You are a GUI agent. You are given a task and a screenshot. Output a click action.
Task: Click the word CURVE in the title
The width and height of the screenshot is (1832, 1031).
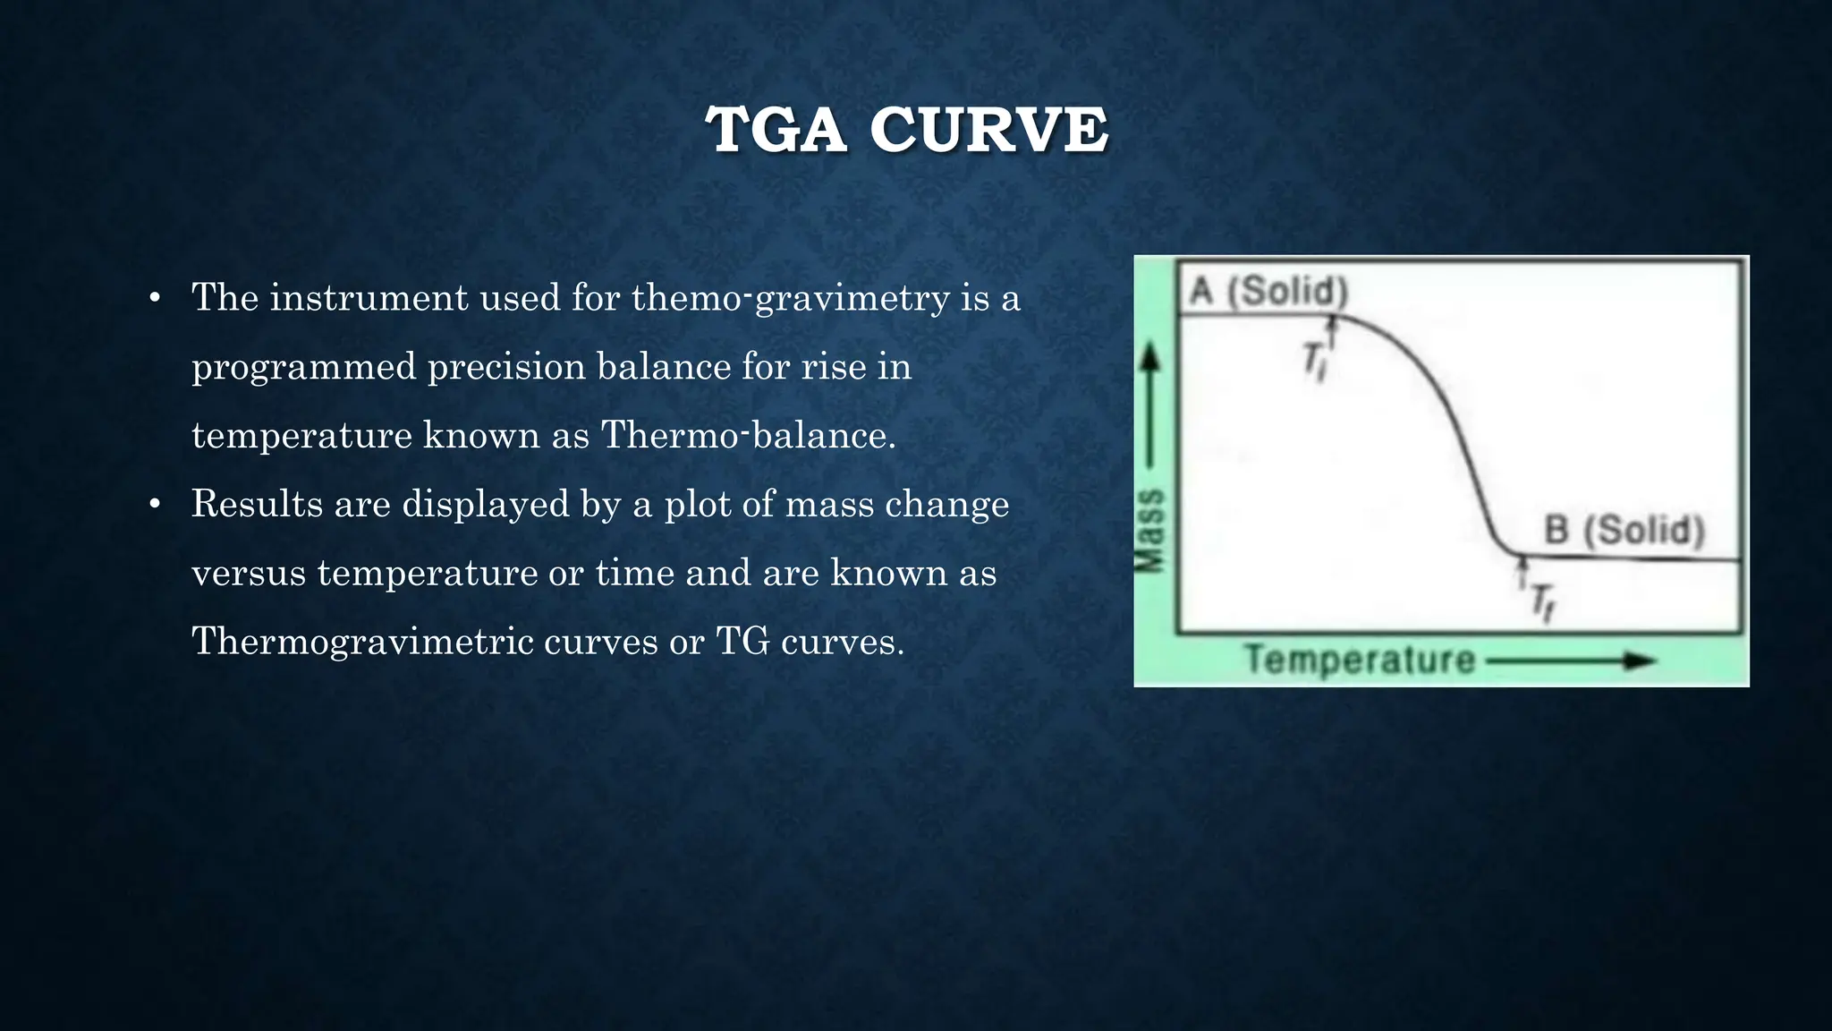(988, 131)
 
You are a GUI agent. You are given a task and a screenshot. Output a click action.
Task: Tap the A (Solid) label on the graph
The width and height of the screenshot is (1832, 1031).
(1268, 292)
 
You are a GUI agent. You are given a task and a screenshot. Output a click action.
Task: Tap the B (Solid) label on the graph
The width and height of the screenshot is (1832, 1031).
(1624, 530)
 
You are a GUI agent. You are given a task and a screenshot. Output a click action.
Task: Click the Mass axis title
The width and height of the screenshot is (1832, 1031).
(1150, 530)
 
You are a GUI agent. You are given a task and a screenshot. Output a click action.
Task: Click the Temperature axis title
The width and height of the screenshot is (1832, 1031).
(1360, 660)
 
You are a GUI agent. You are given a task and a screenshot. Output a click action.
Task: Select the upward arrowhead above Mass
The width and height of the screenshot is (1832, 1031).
(1151, 359)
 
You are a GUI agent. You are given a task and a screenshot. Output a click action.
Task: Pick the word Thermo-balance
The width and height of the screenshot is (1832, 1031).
(748, 436)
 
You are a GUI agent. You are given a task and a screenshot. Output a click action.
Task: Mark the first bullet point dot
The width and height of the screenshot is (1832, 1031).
(155, 298)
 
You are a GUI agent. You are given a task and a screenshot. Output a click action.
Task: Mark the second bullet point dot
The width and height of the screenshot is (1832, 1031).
(155, 505)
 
